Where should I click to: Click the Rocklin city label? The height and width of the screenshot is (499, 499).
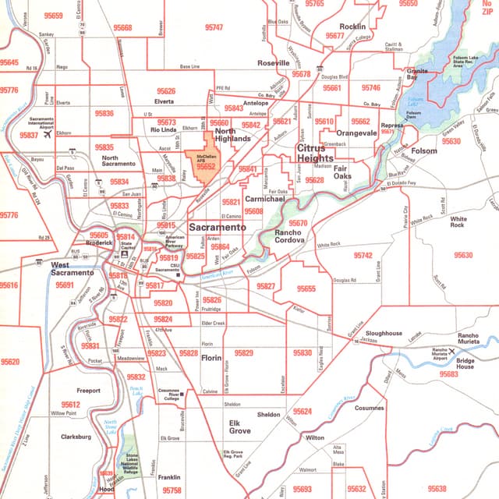pos(352,27)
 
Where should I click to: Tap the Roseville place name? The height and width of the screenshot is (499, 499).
pos(274,62)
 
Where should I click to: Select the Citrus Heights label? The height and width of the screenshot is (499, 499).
pos(315,152)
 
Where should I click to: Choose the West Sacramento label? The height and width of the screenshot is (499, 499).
pos(72,269)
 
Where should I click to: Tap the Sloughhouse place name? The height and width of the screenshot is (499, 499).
pos(383,333)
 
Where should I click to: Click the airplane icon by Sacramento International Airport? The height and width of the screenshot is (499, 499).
pos(48,134)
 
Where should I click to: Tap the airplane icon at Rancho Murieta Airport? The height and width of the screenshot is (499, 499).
pos(451,352)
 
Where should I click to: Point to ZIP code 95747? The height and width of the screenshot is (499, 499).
pos(214,27)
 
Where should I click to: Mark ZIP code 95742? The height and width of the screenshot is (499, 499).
pos(363,255)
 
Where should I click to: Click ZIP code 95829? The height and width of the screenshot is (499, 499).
pos(244,353)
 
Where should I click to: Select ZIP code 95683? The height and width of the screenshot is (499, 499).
pos(448,374)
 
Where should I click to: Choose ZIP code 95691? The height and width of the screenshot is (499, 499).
pos(65,286)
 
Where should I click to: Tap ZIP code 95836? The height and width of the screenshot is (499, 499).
pos(104,113)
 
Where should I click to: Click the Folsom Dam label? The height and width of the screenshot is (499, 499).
pos(413,114)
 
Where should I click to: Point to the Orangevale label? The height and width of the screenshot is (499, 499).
pos(356,133)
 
